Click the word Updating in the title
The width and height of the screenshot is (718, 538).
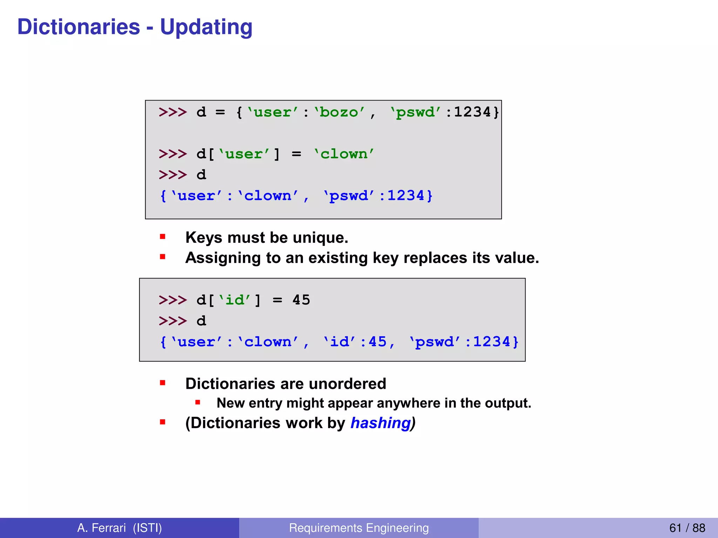pyautogui.click(x=206, y=27)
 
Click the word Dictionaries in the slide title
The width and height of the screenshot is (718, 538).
pyautogui.click(x=79, y=27)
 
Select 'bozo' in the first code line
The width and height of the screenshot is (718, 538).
pyautogui.click(x=339, y=112)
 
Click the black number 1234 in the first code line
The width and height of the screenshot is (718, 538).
pyautogui.click(x=472, y=112)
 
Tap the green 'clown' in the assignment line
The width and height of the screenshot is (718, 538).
pyautogui.click(x=344, y=154)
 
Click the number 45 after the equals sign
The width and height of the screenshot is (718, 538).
pyautogui.click(x=301, y=300)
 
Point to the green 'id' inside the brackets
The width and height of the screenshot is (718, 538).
pyautogui.click(x=234, y=300)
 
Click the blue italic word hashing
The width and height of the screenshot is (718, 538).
pyautogui.click(x=380, y=423)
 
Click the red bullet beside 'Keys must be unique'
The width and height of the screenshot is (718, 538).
pyautogui.click(x=163, y=237)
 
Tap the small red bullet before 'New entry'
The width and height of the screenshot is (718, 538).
pyautogui.click(x=198, y=402)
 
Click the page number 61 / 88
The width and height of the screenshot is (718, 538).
pyautogui.click(x=687, y=528)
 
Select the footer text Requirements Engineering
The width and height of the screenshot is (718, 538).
pyautogui.click(x=359, y=528)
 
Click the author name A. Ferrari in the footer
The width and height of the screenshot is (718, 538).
pyautogui.click(x=101, y=528)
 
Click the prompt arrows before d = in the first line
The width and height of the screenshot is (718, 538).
pyautogui.click(x=172, y=112)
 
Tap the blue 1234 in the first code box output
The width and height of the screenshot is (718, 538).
pyautogui.click(x=406, y=196)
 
